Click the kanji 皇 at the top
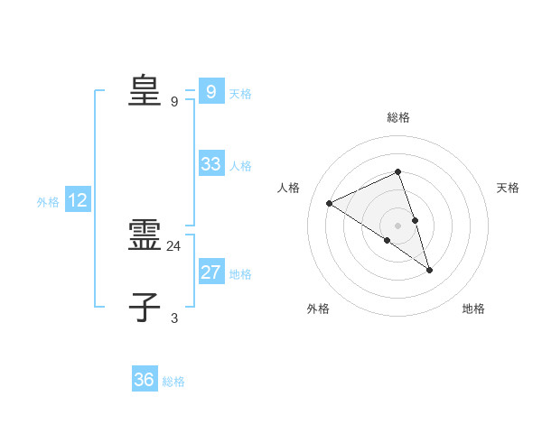(145, 89)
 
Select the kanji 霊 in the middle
(145, 236)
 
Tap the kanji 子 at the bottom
(145, 308)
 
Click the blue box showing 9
(210, 92)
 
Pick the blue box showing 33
(210, 164)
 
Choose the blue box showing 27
(210, 272)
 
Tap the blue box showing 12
(77, 200)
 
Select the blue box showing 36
(144, 380)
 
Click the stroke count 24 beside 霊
(174, 245)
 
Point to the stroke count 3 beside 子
(174, 318)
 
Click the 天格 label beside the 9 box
(240, 94)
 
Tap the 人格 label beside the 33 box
(240, 166)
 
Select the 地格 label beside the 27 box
(240, 274)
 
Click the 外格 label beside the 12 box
(48, 202)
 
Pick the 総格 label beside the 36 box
(173, 382)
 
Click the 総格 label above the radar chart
(397, 117)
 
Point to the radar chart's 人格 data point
(329, 203)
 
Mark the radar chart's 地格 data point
(430, 269)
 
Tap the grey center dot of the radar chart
(397, 225)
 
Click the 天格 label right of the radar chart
(508, 188)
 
